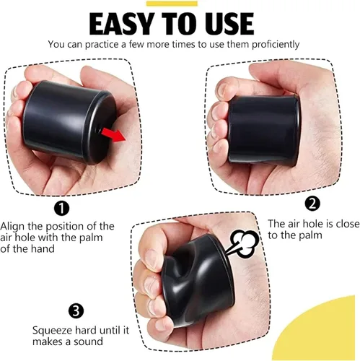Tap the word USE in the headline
click(227, 24)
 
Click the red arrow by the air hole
click(113, 135)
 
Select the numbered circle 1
click(61, 209)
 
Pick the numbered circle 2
click(312, 204)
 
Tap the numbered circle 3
click(76, 310)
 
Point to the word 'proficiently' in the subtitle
click(276, 45)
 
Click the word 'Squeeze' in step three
click(51, 331)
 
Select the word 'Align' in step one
click(12, 227)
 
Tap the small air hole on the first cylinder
click(98, 130)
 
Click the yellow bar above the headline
click(172, 4)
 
